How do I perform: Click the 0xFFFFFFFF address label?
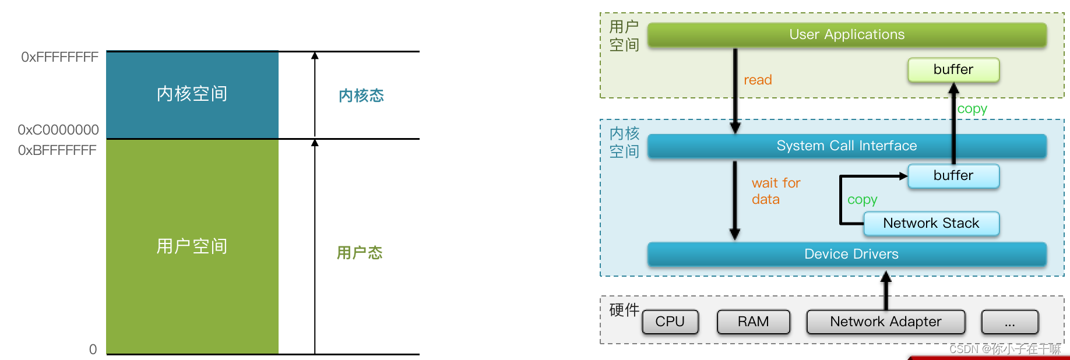59,57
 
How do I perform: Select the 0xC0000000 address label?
58,130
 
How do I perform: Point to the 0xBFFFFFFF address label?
57,150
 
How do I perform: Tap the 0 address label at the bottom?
93,350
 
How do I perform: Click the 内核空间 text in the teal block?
192,94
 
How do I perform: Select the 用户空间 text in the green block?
192,246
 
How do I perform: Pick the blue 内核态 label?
361,96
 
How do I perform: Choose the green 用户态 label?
360,253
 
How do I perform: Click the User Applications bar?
847,35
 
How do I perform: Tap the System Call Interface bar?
846,146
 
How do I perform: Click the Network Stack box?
931,223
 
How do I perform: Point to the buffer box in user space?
953,70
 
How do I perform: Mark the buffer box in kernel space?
953,175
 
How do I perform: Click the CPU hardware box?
670,322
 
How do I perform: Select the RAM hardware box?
753,322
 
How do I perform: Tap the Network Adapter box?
885,322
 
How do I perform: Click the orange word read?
758,80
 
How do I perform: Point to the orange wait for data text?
775,191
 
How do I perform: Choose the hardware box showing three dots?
1009,322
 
